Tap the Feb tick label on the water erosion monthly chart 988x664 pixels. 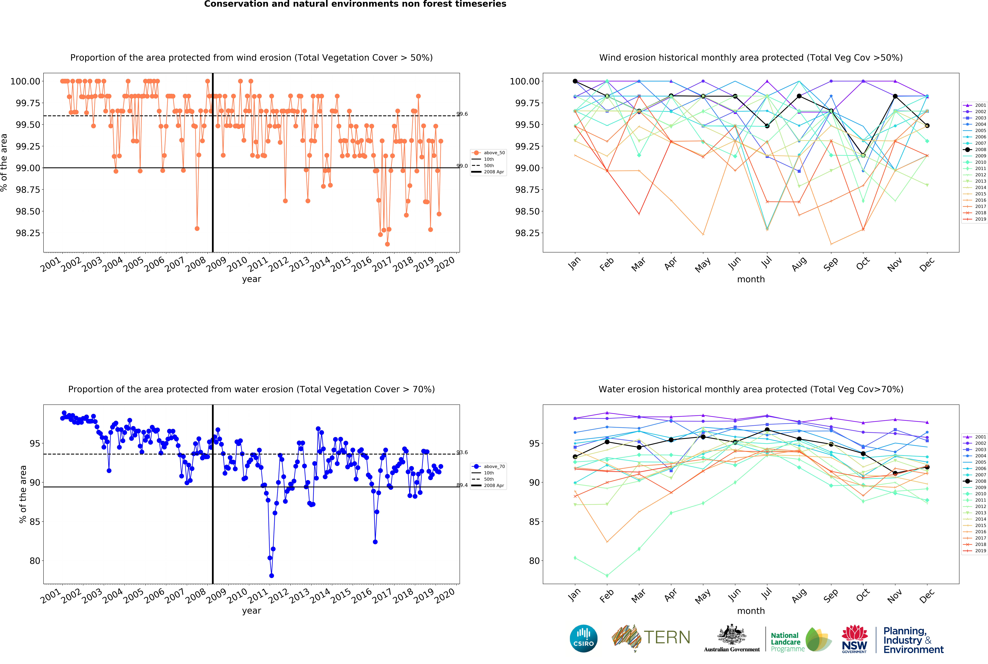[607, 596]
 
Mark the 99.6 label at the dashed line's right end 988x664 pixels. [462, 114]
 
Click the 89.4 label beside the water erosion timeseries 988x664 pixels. [462, 485]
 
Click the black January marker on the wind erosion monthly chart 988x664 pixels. [575, 81]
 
